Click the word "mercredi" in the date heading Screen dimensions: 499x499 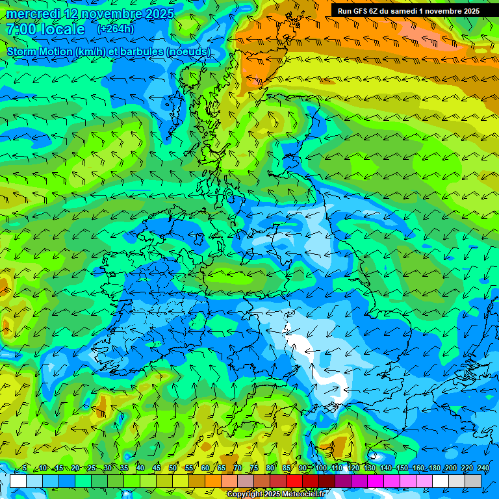tap(32, 14)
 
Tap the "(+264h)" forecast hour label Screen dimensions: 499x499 tap(116, 29)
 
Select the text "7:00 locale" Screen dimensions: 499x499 tap(45, 30)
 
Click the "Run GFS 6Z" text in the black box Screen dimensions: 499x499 tap(361, 11)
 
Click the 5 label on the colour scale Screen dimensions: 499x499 tap(24, 468)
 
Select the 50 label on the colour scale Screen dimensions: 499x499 tap(173, 468)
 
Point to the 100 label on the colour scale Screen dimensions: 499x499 tap(320, 468)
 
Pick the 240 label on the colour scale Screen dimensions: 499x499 tap(483, 468)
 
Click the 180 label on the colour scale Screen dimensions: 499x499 tap(434, 468)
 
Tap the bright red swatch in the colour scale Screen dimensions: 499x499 tap(294, 481)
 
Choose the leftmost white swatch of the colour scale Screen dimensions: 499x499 tap(18, 481)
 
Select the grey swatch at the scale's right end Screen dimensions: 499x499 tap(473, 481)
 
